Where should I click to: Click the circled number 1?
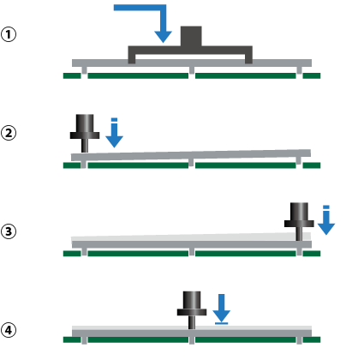pyautogui.click(x=9, y=34)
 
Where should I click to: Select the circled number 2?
pyautogui.click(x=9, y=133)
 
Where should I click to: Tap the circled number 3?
pyautogui.click(x=9, y=231)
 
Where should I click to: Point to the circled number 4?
pyautogui.click(x=9, y=330)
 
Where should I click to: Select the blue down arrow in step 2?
pyautogui.click(x=114, y=133)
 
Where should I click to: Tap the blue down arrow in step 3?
pyautogui.click(x=326, y=220)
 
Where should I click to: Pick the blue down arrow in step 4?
pyautogui.click(x=222, y=308)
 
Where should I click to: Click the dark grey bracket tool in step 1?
pyautogui.click(x=190, y=50)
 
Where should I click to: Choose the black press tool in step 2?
pyautogui.click(x=85, y=133)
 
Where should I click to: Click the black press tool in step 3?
pyautogui.click(x=299, y=221)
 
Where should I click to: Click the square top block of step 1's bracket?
pyautogui.click(x=191, y=36)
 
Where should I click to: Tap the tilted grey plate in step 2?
pyautogui.click(x=191, y=155)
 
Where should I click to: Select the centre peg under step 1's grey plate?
pyautogui.click(x=192, y=70)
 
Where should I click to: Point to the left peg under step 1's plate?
pyautogui.click(x=84, y=70)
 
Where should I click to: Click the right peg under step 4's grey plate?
pyautogui.click(x=299, y=340)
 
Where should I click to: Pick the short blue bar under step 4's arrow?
pyautogui.click(x=222, y=323)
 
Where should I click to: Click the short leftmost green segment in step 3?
pyautogui.click(x=72, y=254)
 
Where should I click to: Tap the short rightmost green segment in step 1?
pyautogui.click(x=312, y=75)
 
